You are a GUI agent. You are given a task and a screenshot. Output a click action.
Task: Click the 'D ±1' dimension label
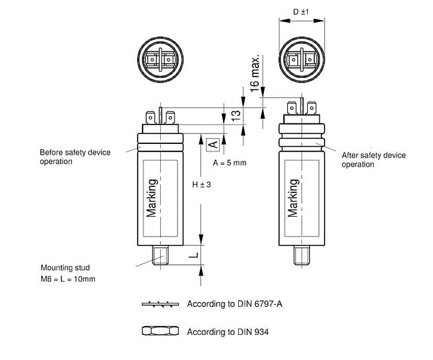301,10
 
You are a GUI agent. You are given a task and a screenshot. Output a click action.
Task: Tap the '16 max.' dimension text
255,73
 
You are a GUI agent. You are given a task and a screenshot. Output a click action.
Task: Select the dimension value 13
236,116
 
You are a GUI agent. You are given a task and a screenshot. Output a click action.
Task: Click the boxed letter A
213,143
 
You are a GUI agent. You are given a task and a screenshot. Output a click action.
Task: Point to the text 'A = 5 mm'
229,163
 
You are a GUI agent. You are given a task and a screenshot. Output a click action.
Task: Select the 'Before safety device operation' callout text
75,157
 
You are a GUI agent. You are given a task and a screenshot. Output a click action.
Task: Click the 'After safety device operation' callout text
373,160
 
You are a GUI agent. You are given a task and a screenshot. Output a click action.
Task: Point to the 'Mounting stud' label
65,268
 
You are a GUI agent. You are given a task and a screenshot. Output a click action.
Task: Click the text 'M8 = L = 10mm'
68,279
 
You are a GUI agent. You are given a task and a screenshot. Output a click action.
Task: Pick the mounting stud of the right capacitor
301,255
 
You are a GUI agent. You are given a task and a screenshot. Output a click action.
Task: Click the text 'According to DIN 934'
228,332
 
